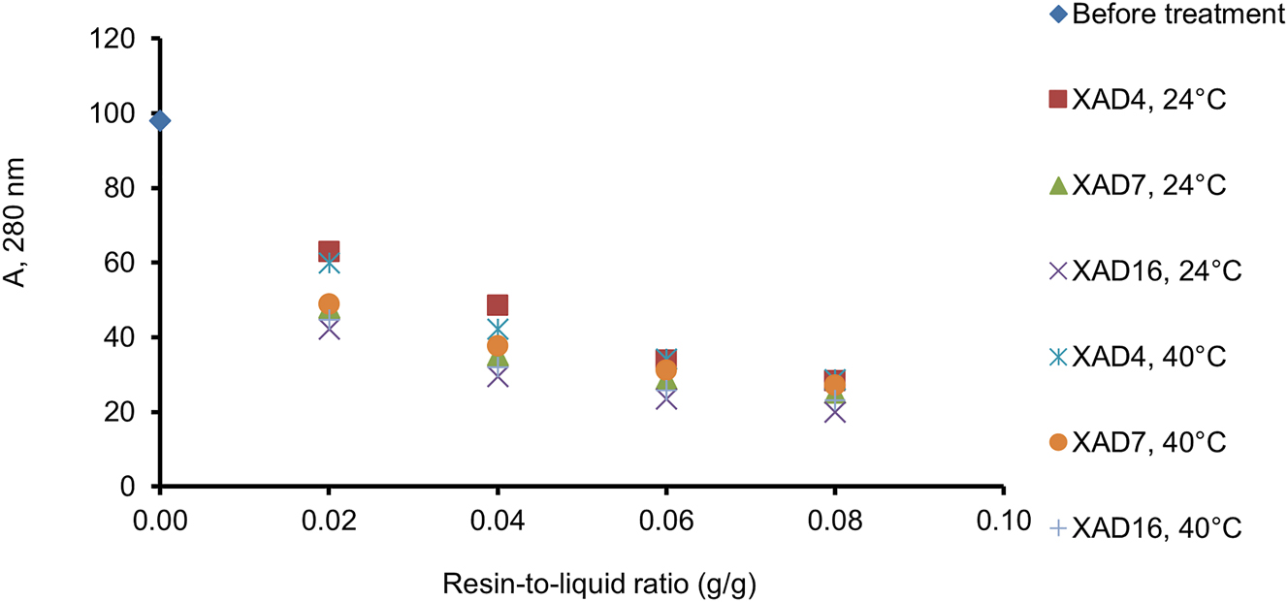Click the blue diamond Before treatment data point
click(x=161, y=120)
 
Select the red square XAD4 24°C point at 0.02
click(x=329, y=252)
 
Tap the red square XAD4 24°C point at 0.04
click(x=498, y=305)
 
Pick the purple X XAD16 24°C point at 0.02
click(x=329, y=329)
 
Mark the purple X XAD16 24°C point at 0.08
click(x=835, y=412)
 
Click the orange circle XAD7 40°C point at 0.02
click(x=329, y=303)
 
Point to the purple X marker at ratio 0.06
click(x=666, y=398)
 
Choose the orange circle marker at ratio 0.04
click(x=498, y=345)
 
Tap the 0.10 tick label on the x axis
click(x=1004, y=520)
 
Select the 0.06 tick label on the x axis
click(x=666, y=520)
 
